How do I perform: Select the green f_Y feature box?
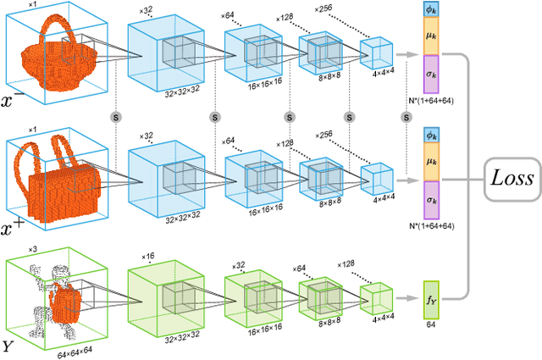point(433,300)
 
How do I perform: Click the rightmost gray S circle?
point(349,115)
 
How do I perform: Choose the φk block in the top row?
point(433,10)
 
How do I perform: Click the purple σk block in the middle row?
point(433,202)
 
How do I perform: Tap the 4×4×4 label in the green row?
point(377,324)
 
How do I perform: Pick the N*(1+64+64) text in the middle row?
point(433,225)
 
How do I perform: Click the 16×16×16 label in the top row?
point(257,87)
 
